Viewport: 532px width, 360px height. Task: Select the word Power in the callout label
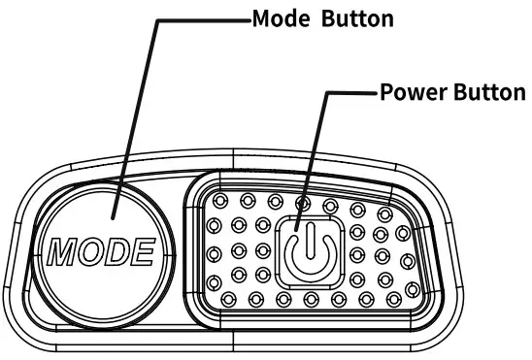407,94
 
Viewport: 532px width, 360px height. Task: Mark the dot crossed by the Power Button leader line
303,203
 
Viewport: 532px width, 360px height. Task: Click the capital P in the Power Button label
385,94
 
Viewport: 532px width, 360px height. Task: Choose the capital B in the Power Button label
456,94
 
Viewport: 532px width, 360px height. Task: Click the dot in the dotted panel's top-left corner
220,202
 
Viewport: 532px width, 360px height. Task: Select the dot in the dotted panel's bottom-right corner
414,291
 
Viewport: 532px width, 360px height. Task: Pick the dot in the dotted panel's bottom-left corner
230,297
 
